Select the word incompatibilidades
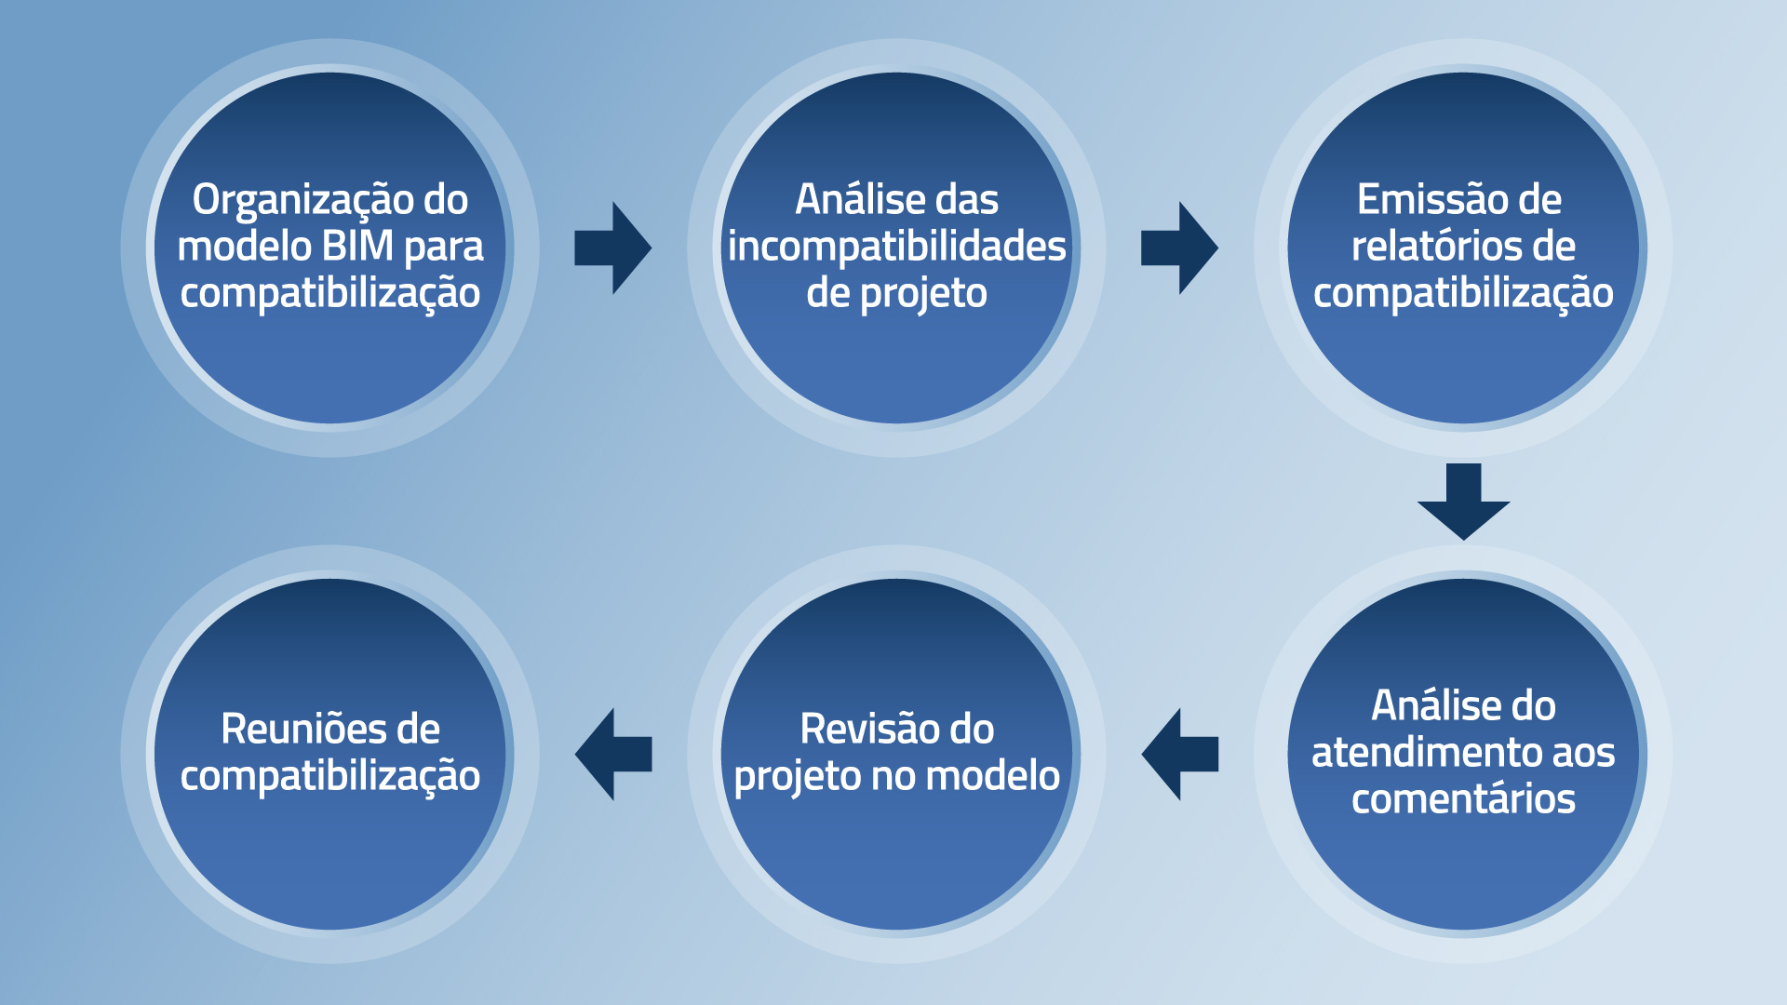896,247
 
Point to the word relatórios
1435,246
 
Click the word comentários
1463,798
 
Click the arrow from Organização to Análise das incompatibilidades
612,248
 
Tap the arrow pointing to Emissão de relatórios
1179,248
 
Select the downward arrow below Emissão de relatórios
1463,502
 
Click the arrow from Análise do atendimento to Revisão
1180,754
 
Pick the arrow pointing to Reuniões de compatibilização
613,754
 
